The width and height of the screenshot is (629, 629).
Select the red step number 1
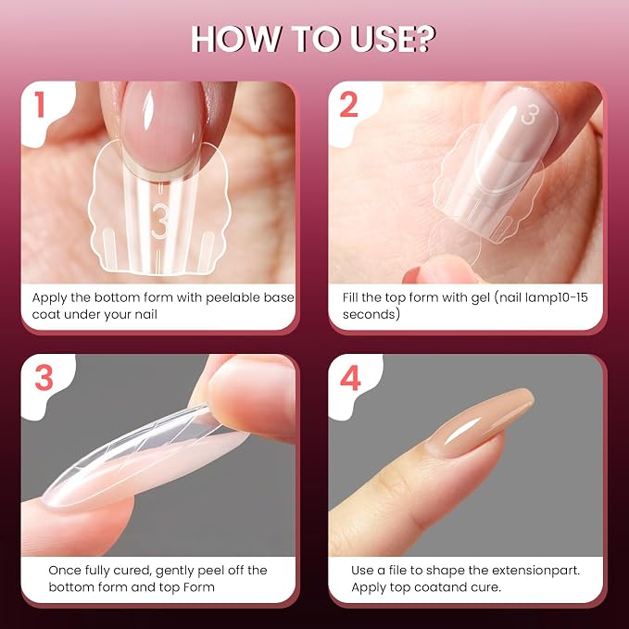coord(39,105)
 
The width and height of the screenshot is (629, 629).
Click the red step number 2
coord(348,105)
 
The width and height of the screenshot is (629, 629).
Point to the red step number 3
coord(44,377)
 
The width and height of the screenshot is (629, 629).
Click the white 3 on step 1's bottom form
coord(159,221)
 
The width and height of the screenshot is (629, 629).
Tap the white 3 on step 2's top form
coord(530,114)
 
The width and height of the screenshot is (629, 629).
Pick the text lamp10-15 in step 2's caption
coord(557,297)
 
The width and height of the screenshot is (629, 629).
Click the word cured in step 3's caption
coord(132,571)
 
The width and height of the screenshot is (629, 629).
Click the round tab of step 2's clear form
coord(455,242)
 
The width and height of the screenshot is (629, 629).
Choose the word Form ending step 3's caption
coord(198,587)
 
